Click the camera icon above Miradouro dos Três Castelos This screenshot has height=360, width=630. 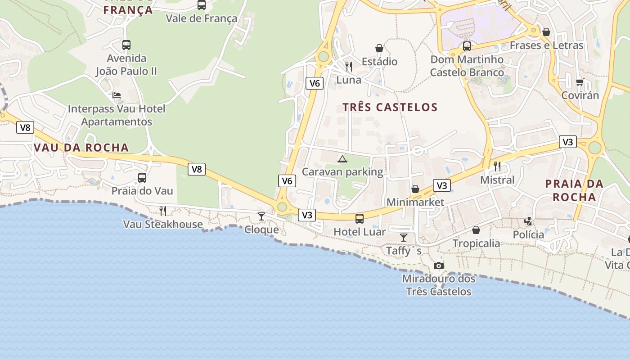click(439, 266)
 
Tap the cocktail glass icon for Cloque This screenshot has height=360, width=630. click(261, 216)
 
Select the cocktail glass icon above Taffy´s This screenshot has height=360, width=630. click(403, 237)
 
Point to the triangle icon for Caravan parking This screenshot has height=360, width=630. click(342, 159)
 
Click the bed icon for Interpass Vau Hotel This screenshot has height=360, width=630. click(117, 95)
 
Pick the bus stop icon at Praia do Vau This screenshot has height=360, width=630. click(142, 178)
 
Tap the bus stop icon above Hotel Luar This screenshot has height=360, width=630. click(360, 219)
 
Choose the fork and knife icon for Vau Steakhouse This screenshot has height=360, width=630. click(163, 211)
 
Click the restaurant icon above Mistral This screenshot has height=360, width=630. click(497, 166)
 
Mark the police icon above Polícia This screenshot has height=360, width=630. click(529, 221)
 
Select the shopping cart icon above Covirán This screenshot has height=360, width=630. click(580, 82)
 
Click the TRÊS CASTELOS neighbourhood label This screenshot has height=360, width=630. click(390, 107)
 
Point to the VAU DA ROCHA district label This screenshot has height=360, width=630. click(81, 148)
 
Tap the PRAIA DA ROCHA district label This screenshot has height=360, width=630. click(574, 190)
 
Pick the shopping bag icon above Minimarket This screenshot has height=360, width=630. click(415, 189)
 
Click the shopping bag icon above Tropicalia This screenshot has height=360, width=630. click(476, 230)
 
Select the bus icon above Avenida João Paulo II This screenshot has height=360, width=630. click(126, 45)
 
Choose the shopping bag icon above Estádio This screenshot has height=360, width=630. click(379, 48)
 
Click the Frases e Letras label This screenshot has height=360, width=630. click(546, 45)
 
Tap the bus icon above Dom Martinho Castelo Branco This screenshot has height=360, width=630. click(467, 46)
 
